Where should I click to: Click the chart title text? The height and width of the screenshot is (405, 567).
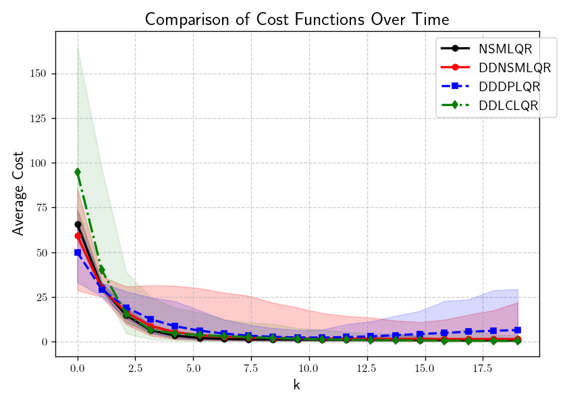point(297,18)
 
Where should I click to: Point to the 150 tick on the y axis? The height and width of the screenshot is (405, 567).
point(39,74)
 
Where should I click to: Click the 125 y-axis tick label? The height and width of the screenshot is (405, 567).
point(39,119)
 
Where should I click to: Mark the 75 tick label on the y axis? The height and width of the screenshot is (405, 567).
point(42,208)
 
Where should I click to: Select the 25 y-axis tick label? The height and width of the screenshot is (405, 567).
point(42,297)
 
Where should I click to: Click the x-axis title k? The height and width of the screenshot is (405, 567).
point(296,385)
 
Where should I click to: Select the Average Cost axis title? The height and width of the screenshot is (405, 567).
point(18,193)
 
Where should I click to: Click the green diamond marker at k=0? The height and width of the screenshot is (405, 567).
point(78,172)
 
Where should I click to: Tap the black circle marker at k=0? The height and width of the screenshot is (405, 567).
point(78,224)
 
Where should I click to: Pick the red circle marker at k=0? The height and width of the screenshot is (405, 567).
point(78,236)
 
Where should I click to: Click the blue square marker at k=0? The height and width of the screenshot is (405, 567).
point(78,252)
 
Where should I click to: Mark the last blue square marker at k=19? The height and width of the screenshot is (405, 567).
point(517,330)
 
